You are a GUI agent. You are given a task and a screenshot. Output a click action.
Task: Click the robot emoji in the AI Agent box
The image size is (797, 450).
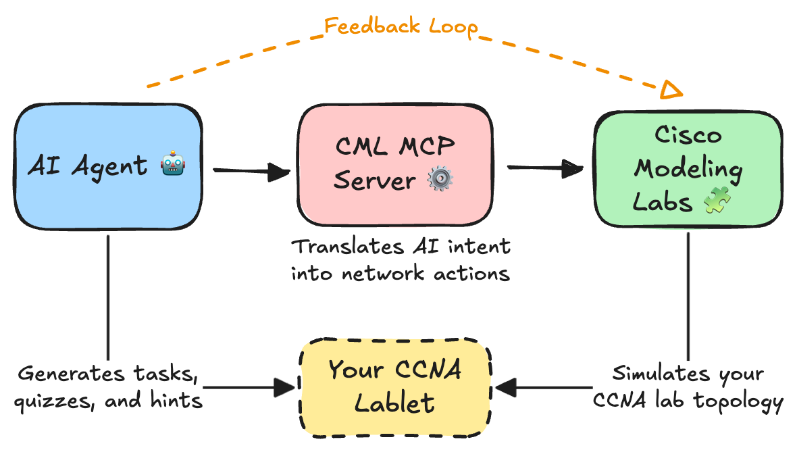tap(173, 166)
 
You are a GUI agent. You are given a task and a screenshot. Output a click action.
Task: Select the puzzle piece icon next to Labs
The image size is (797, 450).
tap(713, 202)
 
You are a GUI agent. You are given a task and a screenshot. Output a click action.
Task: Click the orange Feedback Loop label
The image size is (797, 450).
tap(401, 26)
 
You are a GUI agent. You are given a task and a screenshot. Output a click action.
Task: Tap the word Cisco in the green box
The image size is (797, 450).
tap(688, 134)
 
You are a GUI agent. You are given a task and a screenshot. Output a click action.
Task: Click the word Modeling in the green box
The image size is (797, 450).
tap(689, 168)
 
